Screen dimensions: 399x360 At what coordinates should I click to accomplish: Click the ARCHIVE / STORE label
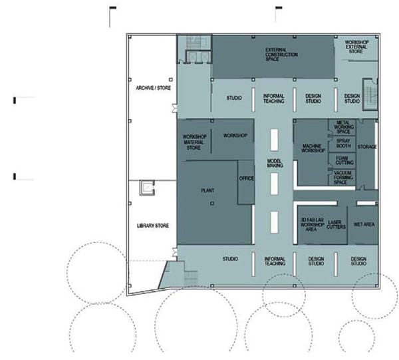pyautogui.click(x=153, y=88)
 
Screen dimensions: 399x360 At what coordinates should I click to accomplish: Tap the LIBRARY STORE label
pyautogui.click(x=153, y=226)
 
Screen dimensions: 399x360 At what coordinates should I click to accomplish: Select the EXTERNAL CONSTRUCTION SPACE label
pyautogui.click(x=281, y=55)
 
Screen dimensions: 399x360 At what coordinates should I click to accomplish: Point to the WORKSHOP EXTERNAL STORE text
pyautogui.click(x=356, y=47)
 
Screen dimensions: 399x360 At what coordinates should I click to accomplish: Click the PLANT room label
pyautogui.click(x=207, y=190)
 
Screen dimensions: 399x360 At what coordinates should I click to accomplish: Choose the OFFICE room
pyautogui.click(x=246, y=182)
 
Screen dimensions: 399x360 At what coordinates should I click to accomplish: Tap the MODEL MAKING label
pyautogui.click(x=274, y=163)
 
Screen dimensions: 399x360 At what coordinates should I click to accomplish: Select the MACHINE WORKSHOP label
pyautogui.click(x=313, y=148)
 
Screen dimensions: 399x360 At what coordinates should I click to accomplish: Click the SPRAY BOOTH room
pyautogui.click(x=342, y=144)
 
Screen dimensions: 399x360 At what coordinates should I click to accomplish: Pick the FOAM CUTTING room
pyautogui.click(x=342, y=160)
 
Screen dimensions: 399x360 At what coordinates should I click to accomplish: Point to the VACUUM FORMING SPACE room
pyautogui.click(x=342, y=177)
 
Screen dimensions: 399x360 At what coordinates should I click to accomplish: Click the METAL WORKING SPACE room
pyautogui.click(x=342, y=127)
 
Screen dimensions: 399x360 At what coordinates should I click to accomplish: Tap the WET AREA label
pyautogui.click(x=364, y=224)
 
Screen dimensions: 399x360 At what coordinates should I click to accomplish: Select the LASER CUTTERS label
pyautogui.click(x=336, y=224)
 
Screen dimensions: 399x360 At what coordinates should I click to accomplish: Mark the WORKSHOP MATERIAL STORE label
pyautogui.click(x=194, y=142)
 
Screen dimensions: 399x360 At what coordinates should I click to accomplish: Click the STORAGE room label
pyautogui.click(x=367, y=147)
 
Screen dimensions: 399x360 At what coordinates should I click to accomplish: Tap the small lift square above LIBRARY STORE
pyautogui.click(x=147, y=188)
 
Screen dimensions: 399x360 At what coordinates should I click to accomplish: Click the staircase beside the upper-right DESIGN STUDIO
pyautogui.click(x=370, y=94)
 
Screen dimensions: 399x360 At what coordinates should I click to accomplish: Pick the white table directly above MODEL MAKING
pyautogui.click(x=274, y=140)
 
